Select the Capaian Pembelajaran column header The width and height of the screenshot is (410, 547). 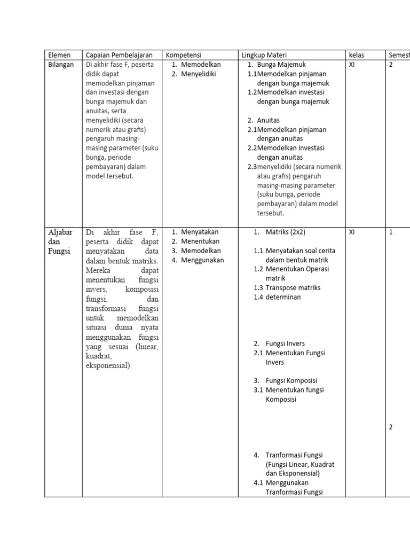pyautogui.click(x=119, y=55)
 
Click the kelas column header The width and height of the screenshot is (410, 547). pyautogui.click(x=356, y=55)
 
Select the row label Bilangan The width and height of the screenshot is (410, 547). pyautogui.click(x=61, y=65)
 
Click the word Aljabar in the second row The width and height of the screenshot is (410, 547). pyautogui.click(x=59, y=232)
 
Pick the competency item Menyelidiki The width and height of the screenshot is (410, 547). pyautogui.click(x=198, y=74)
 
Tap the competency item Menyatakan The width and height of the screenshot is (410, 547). pyautogui.click(x=200, y=232)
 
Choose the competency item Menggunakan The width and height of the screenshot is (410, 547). pyautogui.click(x=202, y=260)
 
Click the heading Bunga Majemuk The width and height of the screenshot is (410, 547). pyautogui.click(x=281, y=65)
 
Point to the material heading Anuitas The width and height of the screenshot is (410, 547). pyautogui.click(x=268, y=120)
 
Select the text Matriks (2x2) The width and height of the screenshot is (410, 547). pyautogui.click(x=286, y=232)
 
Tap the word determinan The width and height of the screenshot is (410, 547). pyautogui.click(x=283, y=297)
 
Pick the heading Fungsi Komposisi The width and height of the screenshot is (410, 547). pyautogui.click(x=291, y=380)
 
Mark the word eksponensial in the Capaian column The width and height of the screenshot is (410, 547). pyautogui.click(x=108, y=365)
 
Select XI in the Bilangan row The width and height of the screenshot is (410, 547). pyautogui.click(x=352, y=65)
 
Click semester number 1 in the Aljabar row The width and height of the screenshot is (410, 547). pyautogui.click(x=391, y=232)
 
